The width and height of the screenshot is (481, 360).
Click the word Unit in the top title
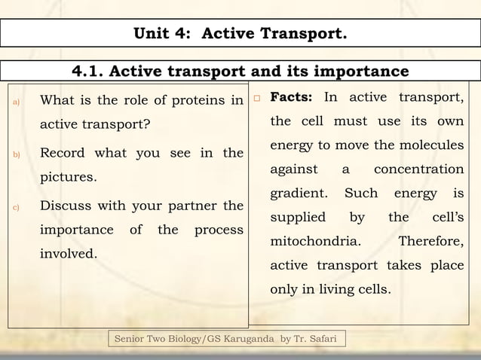(155, 33)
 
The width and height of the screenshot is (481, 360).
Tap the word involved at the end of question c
(68, 254)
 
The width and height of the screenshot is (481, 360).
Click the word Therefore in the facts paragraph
(430, 242)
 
